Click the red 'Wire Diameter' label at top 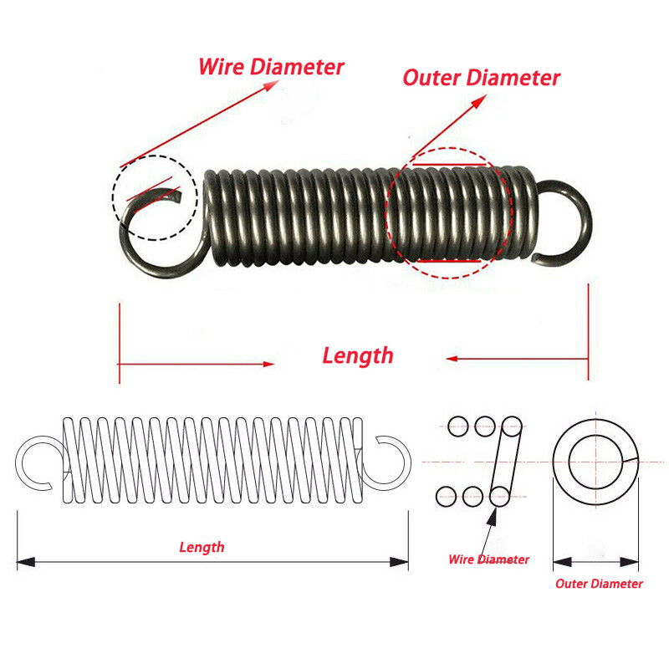click(271, 67)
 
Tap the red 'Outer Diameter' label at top click(481, 78)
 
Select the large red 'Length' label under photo click(357, 355)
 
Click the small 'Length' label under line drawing click(202, 548)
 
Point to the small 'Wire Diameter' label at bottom click(488, 559)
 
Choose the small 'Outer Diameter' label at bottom click(599, 584)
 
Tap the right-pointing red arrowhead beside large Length click(268, 364)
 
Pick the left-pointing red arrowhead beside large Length click(451, 359)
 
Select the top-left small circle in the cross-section click(457, 427)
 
